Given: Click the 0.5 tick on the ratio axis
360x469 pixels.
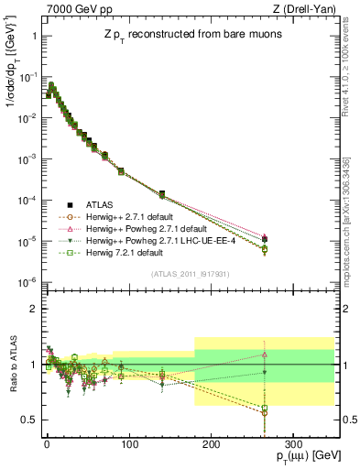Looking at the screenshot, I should [29, 420].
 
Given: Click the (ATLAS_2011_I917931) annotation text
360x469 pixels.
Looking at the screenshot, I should [189, 274].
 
